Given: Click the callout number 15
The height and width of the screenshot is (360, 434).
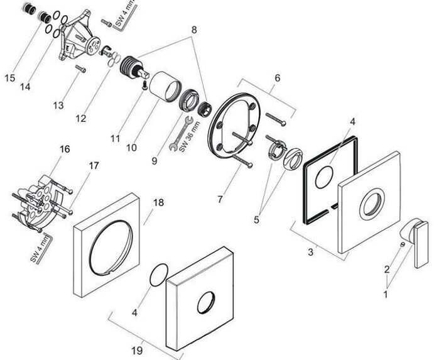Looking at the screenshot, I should click(x=9, y=78).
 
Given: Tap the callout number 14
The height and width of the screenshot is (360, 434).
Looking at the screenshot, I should click(x=25, y=87).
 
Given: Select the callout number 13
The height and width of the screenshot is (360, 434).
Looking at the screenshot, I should click(x=58, y=106).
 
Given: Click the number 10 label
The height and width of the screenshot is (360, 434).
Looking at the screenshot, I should click(x=131, y=148).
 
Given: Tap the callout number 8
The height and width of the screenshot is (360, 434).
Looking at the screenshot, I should click(x=194, y=29).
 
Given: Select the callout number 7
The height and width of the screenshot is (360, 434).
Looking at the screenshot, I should click(x=220, y=200).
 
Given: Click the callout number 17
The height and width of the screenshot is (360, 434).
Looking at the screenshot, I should click(x=94, y=166).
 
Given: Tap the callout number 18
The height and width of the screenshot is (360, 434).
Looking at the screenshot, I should click(x=158, y=202).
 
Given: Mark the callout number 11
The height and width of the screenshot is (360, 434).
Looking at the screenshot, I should click(x=114, y=136).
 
